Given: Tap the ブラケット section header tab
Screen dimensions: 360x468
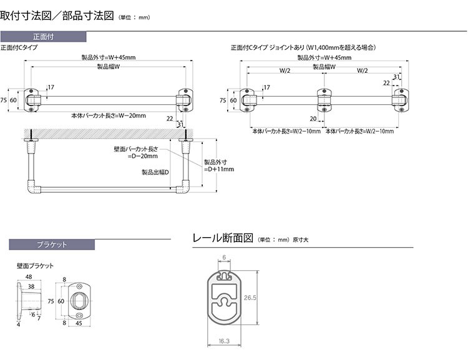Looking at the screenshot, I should point(52,245).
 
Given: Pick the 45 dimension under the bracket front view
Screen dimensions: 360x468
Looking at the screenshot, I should point(79,323).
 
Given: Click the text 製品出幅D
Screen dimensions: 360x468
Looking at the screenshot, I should point(155,172).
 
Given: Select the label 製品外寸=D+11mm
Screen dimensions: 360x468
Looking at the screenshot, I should point(218,165).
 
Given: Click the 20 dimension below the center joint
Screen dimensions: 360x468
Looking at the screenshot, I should point(312,118).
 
